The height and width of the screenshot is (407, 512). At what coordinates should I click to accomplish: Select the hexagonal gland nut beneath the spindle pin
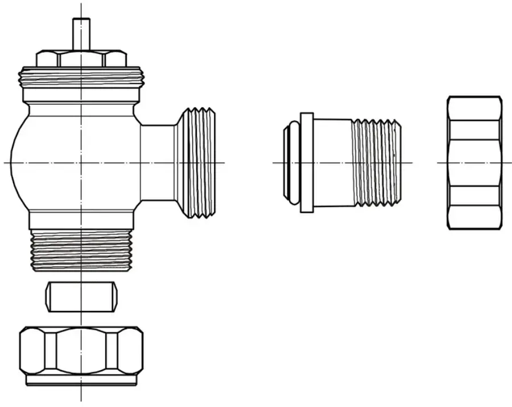pos(81,59)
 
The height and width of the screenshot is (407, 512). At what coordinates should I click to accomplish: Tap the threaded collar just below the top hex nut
pos(81,78)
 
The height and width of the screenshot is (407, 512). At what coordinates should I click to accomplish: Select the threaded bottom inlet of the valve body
pos(81,250)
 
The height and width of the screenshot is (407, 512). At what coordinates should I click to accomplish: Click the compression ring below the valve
pos(82,297)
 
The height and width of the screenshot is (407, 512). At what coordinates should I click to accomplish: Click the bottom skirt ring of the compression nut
pos(81,381)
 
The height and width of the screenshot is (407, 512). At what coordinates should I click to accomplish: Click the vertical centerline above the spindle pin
pos(81,10)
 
